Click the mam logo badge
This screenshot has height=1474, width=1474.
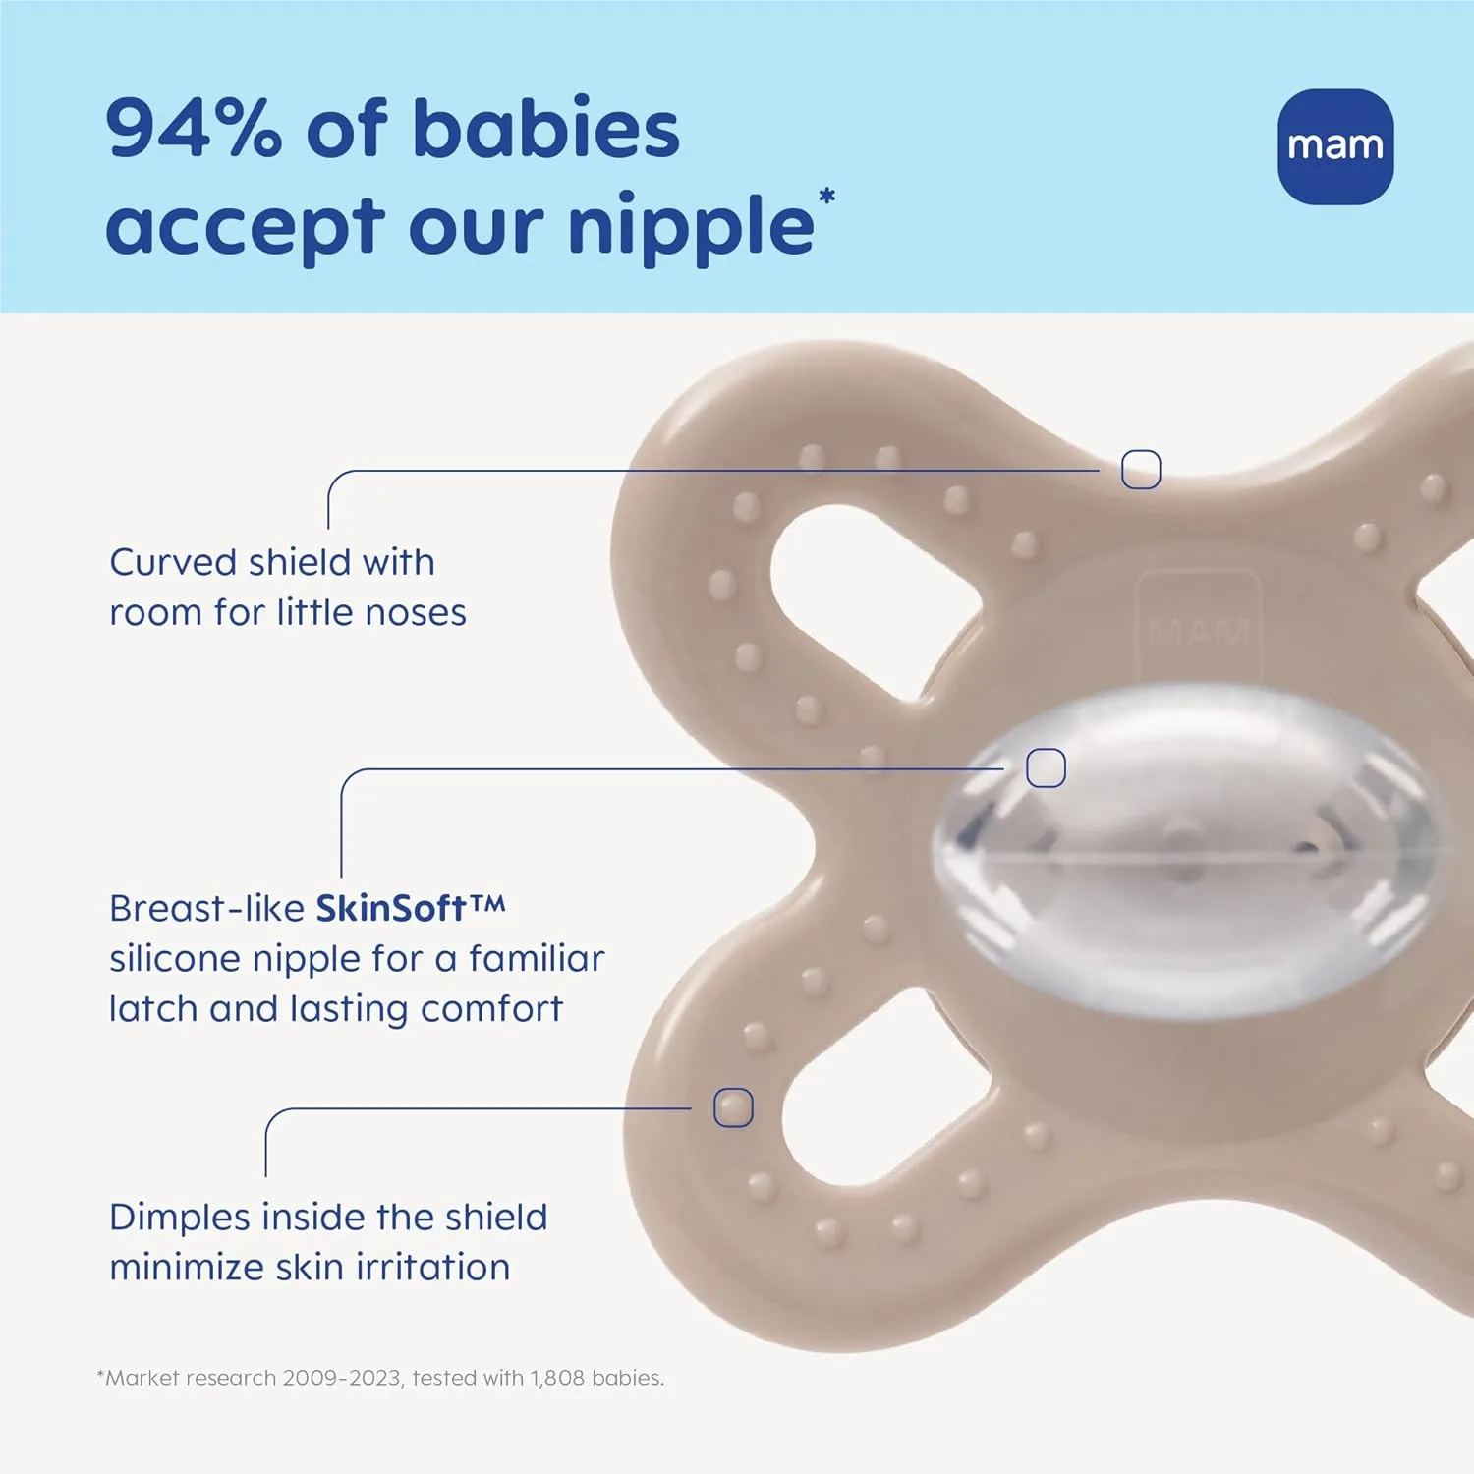(x=1335, y=146)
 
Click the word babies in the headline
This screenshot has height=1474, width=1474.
(x=545, y=129)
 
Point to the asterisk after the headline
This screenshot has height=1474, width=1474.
(x=826, y=196)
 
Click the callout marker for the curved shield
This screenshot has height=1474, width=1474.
(x=1141, y=470)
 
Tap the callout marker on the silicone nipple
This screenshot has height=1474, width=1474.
(x=1046, y=767)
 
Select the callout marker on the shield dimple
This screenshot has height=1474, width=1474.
(x=733, y=1107)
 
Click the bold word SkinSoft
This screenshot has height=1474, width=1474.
(x=390, y=908)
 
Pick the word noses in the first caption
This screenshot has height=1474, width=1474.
(x=416, y=612)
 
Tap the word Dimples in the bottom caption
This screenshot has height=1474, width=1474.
(x=180, y=1218)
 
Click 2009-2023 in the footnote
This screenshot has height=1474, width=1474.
(x=341, y=1378)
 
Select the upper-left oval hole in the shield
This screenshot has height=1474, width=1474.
(x=865, y=599)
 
